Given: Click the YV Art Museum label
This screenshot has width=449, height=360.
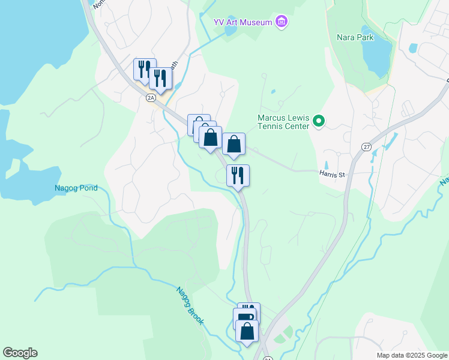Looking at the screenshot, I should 243,22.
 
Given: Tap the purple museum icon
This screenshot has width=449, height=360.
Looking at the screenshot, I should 282,22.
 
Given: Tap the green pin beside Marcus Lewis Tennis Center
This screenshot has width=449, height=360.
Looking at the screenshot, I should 319,122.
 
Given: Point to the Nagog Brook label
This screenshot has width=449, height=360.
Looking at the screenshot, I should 190,305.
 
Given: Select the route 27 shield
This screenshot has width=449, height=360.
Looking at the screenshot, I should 366,147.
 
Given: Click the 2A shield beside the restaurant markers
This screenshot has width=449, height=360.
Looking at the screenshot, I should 151,97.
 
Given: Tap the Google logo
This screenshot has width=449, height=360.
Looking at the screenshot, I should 20,353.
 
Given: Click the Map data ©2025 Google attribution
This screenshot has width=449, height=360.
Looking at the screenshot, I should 412,355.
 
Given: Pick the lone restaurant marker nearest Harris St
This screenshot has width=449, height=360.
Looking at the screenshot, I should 238,175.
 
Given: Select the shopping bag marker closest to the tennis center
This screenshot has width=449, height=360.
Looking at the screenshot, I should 234,144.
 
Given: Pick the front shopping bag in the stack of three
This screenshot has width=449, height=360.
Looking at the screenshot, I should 210,137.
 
